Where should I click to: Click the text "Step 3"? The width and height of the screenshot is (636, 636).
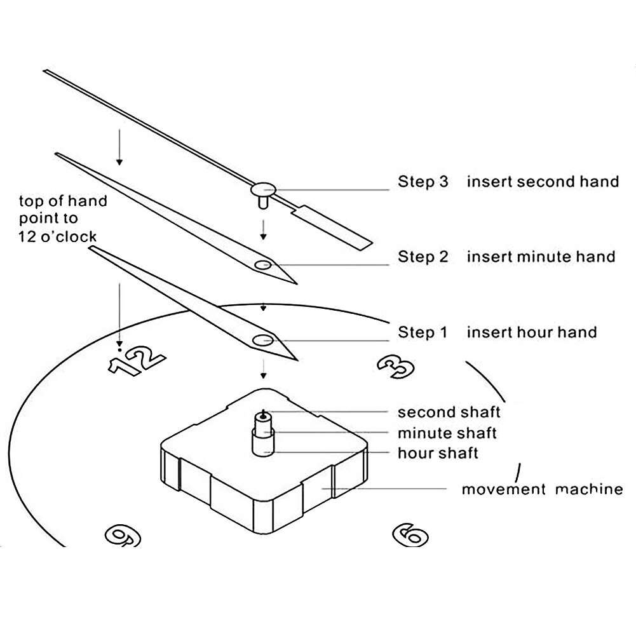(x=423, y=182)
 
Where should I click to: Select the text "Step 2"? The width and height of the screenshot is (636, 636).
(x=423, y=257)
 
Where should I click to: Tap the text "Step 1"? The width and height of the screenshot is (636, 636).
(x=423, y=332)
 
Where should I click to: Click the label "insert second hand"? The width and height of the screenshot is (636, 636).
(x=543, y=182)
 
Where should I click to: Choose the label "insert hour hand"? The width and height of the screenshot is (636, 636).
(x=532, y=332)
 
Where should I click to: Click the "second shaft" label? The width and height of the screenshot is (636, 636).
(x=449, y=412)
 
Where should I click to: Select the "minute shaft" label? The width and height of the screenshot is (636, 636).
(x=447, y=433)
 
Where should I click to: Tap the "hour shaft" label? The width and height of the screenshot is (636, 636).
(x=438, y=453)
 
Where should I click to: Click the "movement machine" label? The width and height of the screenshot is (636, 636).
(x=541, y=489)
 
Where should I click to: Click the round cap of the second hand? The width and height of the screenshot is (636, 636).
(x=262, y=188)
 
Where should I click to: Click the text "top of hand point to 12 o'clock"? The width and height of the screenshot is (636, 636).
(x=62, y=219)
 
